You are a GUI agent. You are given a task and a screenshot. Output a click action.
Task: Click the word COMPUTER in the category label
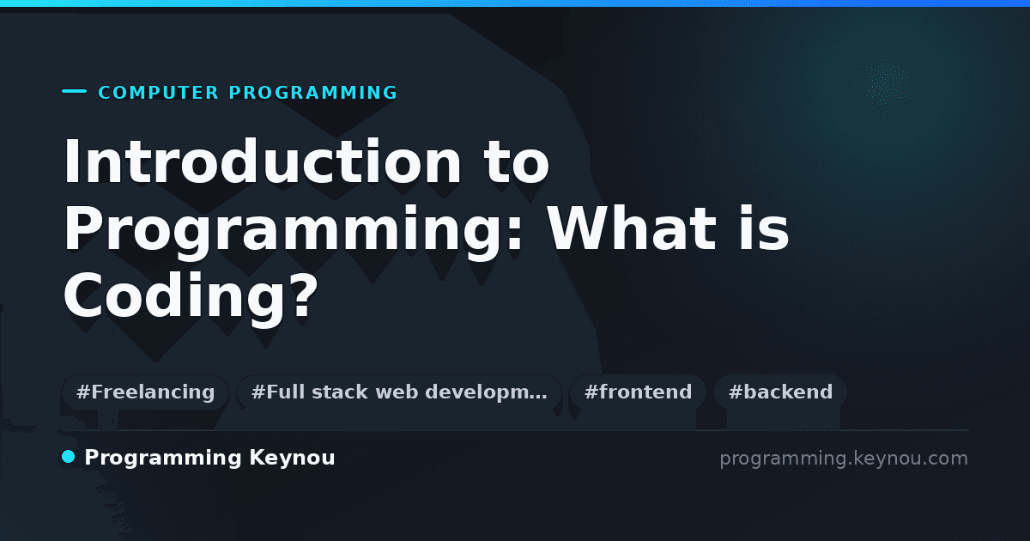pyautogui.click(x=158, y=93)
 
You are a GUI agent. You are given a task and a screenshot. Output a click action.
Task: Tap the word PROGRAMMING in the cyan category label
pyautogui.click(x=312, y=93)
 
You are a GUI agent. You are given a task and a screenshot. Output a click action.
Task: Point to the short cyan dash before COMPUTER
pyautogui.click(x=74, y=91)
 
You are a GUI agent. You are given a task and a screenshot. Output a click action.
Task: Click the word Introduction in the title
pyautogui.click(x=262, y=161)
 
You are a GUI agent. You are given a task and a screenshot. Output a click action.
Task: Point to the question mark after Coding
pyautogui.click(x=305, y=295)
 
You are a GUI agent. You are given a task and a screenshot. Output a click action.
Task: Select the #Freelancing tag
pyautogui.click(x=145, y=392)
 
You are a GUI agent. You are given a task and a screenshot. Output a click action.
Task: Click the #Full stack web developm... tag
pyautogui.click(x=399, y=392)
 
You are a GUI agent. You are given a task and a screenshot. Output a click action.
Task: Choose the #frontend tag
pyautogui.click(x=638, y=392)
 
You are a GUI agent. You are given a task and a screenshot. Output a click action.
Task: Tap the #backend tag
pyautogui.click(x=780, y=392)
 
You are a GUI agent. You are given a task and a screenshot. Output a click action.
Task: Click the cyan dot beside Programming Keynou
pyautogui.click(x=68, y=457)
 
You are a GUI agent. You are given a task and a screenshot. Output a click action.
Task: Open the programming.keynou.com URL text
pyautogui.click(x=844, y=459)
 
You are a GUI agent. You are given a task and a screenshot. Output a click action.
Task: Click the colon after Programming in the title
pyautogui.click(x=515, y=234)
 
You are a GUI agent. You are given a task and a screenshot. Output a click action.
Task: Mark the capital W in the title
pyautogui.click(x=578, y=228)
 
